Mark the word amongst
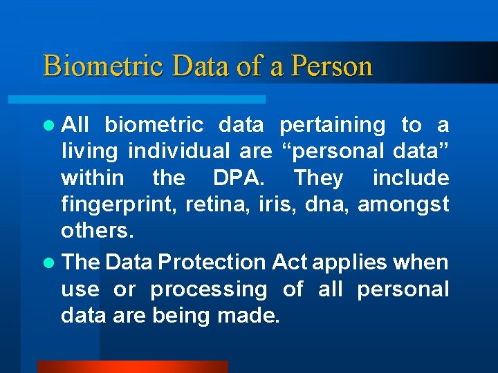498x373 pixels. [x=403, y=204]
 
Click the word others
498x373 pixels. [x=97, y=230]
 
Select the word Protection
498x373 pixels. [x=212, y=262]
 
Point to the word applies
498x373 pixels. [x=343, y=262]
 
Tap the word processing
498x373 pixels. [x=208, y=289]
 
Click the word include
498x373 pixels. [x=411, y=178]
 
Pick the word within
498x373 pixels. [x=93, y=178]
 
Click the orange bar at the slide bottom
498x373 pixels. [x=132, y=367]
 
